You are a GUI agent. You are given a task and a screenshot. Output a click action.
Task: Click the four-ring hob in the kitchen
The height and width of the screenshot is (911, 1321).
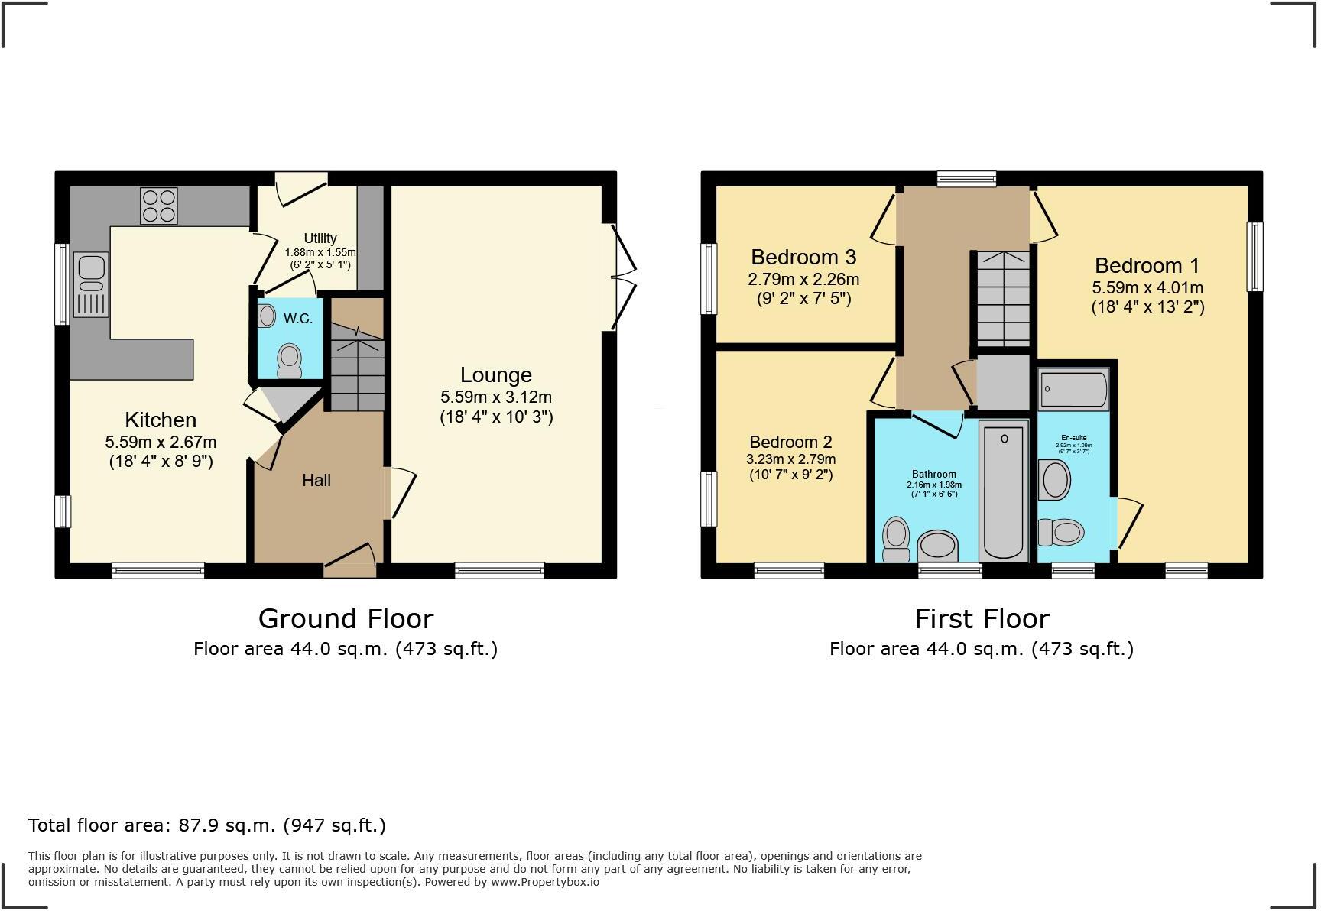[x=158, y=206]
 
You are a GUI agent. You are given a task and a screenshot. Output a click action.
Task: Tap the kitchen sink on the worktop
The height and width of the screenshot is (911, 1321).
[x=91, y=285]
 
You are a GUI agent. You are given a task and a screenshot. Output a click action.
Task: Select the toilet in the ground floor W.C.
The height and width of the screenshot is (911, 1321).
[x=289, y=360]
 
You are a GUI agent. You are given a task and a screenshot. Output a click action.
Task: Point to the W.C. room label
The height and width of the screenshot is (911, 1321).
[x=297, y=319]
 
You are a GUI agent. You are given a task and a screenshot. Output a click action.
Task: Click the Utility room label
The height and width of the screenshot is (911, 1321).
[x=320, y=238]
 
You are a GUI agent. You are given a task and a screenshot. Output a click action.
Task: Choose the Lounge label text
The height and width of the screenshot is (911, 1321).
[x=495, y=375]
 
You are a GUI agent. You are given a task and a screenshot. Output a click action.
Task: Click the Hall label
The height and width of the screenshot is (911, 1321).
[x=316, y=481]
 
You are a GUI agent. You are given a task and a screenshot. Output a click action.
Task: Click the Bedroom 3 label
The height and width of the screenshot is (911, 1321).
[x=803, y=257]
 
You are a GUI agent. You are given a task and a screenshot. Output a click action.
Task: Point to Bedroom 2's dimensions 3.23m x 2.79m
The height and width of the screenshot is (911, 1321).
[x=790, y=459]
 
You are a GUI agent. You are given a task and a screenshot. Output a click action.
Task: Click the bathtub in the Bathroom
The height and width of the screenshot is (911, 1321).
[x=1004, y=493]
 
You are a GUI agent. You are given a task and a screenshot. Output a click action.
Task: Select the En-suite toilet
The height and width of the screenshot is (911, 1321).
[x=1062, y=532]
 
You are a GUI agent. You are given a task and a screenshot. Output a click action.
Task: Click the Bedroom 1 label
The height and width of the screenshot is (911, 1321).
[x=1147, y=266]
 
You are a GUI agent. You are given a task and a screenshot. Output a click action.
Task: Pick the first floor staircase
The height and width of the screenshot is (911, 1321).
[x=1003, y=299]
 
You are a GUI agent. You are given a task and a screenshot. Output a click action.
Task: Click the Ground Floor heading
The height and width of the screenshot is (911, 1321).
[x=346, y=618]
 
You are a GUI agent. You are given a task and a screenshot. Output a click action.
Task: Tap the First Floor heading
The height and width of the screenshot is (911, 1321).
[x=982, y=618]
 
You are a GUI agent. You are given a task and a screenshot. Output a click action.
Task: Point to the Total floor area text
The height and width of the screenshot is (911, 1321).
[x=206, y=825]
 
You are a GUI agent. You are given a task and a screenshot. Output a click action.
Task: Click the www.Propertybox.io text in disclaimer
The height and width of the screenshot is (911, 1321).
[x=544, y=882]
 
